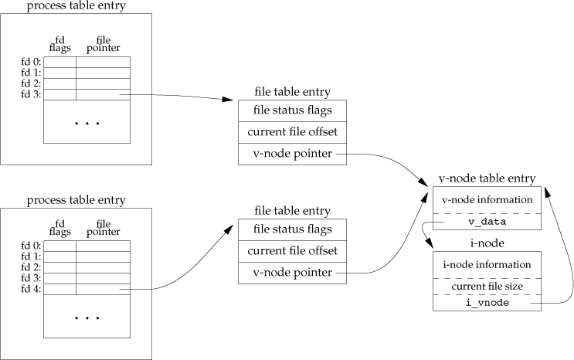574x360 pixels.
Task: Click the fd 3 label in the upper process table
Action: tap(32, 94)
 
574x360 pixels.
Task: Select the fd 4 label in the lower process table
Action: tap(32, 289)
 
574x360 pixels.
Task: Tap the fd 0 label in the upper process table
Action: tap(32, 62)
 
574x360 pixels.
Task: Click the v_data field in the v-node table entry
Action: tap(487, 222)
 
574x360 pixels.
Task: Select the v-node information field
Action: tap(487, 199)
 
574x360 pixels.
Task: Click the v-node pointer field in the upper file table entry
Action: tap(293, 153)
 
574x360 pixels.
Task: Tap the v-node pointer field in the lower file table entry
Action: tap(293, 272)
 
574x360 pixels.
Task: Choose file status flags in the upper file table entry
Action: tap(293, 110)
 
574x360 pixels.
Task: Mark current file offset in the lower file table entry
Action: tap(293, 250)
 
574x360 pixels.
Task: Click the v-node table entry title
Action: tap(487, 178)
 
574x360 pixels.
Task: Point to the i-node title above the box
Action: tap(487, 243)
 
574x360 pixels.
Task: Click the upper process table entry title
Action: tap(76, 6)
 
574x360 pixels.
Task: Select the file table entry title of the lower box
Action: tap(292, 211)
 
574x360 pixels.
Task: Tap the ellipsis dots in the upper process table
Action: tap(87, 123)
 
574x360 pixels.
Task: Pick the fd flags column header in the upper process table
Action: tap(59, 45)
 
